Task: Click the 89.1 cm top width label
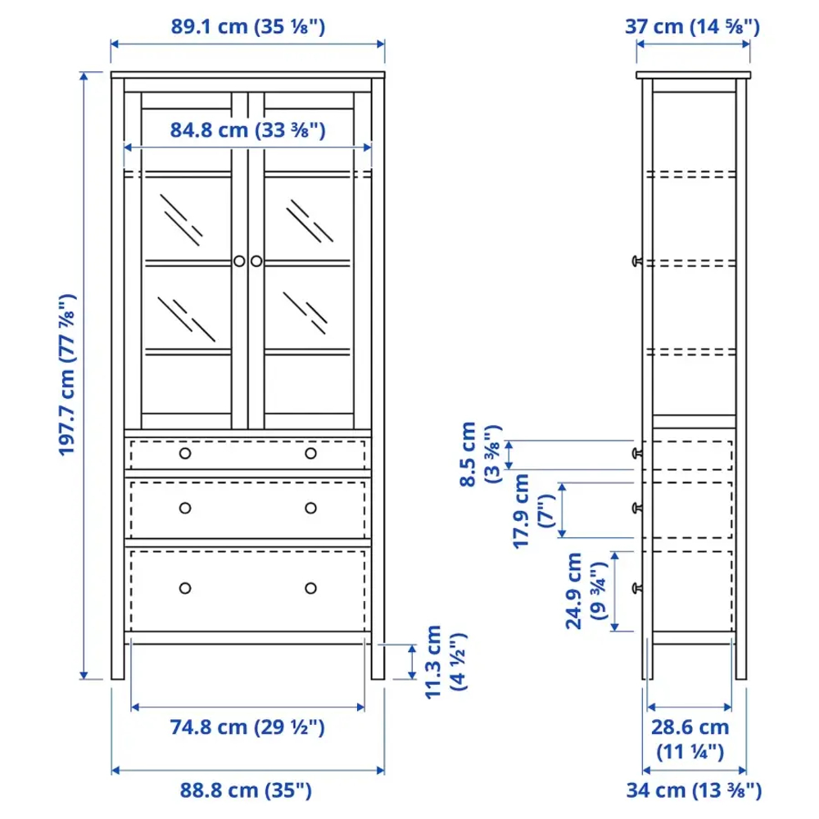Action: [x=248, y=26]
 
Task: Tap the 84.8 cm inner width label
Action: [x=248, y=129]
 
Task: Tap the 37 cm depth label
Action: [x=693, y=26]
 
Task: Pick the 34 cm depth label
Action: [x=693, y=790]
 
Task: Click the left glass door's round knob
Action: [x=238, y=260]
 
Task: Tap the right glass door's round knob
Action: [x=257, y=260]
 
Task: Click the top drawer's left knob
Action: [x=185, y=453]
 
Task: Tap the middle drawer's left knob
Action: [x=185, y=508]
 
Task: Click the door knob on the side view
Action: [x=636, y=260]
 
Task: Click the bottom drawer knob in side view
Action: [x=636, y=587]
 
